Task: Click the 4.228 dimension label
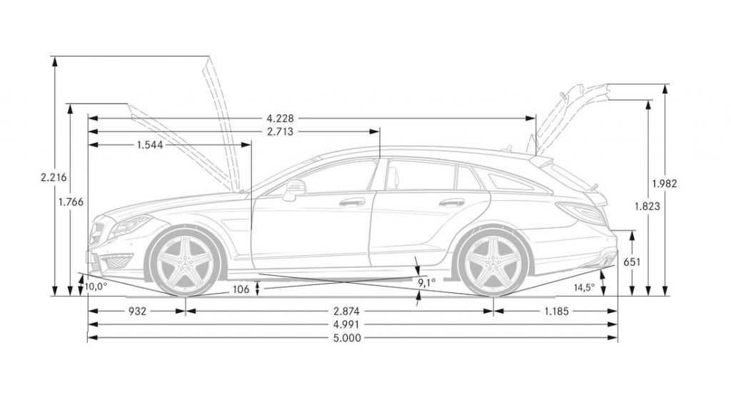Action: click(x=280, y=119)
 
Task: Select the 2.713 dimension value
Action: click(x=280, y=132)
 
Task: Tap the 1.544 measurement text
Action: click(x=150, y=145)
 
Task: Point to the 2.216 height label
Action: click(x=54, y=177)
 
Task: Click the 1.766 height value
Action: click(x=71, y=202)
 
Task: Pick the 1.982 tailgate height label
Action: click(x=665, y=184)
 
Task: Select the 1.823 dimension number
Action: click(x=647, y=206)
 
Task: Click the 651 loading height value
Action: click(x=632, y=262)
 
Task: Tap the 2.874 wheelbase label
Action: click(x=347, y=312)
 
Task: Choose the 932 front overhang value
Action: click(x=138, y=312)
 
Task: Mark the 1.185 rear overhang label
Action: click(x=556, y=312)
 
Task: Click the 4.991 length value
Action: click(x=347, y=324)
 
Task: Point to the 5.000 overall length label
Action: click(x=347, y=338)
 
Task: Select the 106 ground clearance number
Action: click(x=241, y=290)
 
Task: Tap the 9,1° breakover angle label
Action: click(x=427, y=282)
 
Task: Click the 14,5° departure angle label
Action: click(x=584, y=287)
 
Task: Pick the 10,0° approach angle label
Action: click(x=96, y=287)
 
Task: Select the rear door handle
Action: click(x=452, y=202)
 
